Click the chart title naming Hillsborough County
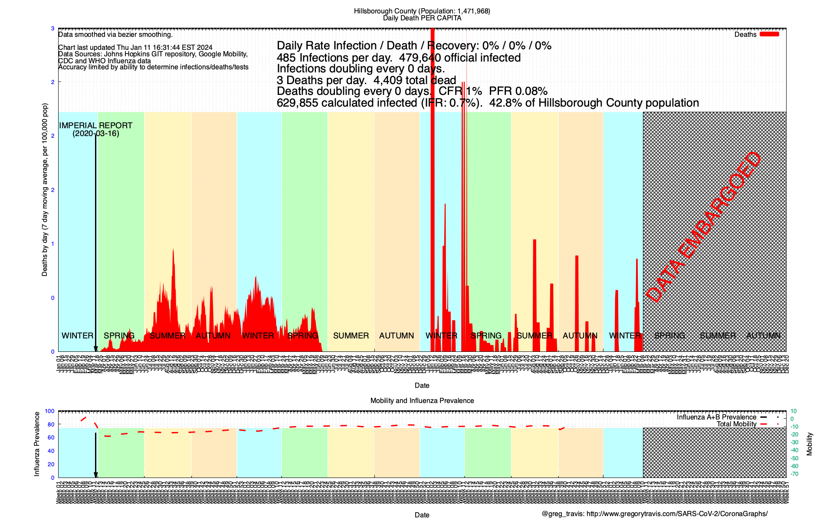coord(422,11)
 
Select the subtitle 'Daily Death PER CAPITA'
coord(422,18)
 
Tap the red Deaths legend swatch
coord(769,34)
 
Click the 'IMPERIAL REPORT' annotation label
coord(95,126)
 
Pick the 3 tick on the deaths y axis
coord(53,29)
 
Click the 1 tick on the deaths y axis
coord(53,244)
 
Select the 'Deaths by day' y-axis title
coord(45,190)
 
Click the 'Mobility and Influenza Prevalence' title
coord(422,401)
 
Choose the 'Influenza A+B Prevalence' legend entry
coord(716,417)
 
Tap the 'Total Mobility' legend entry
coord(736,424)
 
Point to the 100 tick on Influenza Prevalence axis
coord(49,411)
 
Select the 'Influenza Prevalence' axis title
coord(37,444)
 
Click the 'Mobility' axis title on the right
coord(809,444)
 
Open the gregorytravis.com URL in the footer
coord(677,514)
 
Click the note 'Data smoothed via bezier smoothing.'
coord(115,35)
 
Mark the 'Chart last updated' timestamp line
coord(135,48)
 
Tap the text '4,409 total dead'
coord(415,80)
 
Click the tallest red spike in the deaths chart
coord(432,173)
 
